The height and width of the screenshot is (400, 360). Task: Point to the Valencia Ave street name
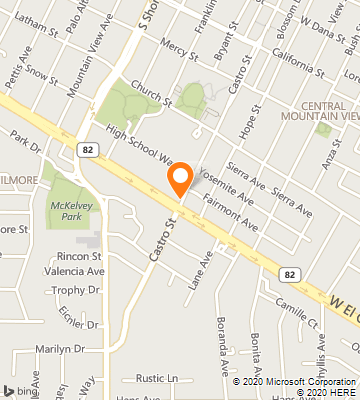[74, 271]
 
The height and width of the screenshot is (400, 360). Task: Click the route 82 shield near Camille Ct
[290, 273]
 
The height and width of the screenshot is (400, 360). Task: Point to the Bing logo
[15, 389]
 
